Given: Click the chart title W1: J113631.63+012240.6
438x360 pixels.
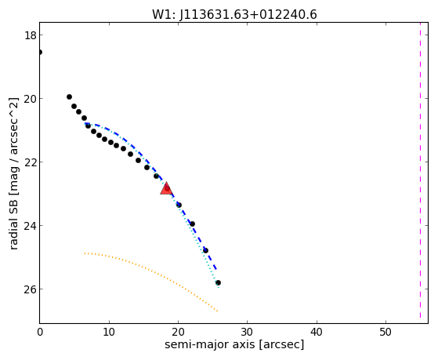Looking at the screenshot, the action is coord(234,15).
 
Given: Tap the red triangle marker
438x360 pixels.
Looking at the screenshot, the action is coord(166,188).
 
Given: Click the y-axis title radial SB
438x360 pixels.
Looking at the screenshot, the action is coord(14,173).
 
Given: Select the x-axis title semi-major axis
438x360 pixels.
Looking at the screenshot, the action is coord(234,344).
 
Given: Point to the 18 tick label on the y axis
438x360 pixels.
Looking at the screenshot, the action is coord(30,35).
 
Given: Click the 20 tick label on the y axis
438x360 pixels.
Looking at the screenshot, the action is coord(30,99).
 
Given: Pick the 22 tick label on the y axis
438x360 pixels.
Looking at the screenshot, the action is coord(30,162).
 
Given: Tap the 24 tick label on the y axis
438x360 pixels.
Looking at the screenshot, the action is coord(30,226).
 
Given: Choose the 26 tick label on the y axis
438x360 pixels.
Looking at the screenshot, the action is coord(30,289).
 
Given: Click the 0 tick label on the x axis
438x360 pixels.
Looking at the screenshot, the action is coord(40,332).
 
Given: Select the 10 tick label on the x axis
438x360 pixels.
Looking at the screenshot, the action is coord(109,332).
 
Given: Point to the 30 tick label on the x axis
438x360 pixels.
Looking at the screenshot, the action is coord(248,332).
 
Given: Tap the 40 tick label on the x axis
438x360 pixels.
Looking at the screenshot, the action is coord(317,332).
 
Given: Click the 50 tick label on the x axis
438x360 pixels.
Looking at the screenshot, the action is coord(386,332).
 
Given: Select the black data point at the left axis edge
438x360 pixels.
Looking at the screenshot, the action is coord(40,53).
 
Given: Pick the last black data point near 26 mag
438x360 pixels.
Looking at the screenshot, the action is coord(218,283).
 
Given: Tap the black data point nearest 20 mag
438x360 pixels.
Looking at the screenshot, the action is coord(69,97).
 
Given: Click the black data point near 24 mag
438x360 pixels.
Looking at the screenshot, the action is coord(192,224).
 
